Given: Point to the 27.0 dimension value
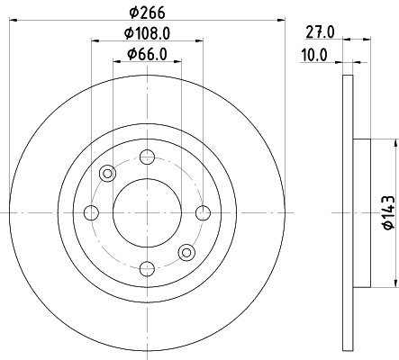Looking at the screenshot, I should [x=320, y=32].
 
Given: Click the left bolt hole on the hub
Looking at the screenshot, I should [x=91, y=212].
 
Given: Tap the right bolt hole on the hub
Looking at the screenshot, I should [x=203, y=212].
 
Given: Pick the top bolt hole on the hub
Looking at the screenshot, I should [x=147, y=157].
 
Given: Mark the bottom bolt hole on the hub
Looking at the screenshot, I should [x=147, y=268].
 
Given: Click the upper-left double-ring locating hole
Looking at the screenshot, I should [x=108, y=174].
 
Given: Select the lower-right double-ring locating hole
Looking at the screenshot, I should [x=186, y=252].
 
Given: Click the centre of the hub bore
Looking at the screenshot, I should [x=147, y=212].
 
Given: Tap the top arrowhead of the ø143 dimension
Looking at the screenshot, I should [x=394, y=142].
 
